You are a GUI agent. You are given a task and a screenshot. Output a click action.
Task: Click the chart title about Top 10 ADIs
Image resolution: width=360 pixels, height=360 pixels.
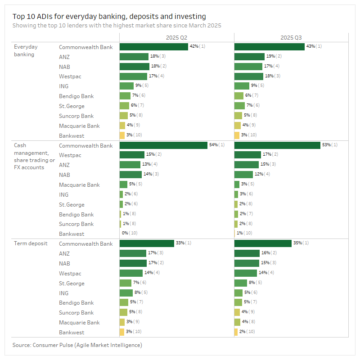(x=109, y=17)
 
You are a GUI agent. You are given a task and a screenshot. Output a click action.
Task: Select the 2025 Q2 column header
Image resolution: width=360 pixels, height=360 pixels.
(x=177, y=38)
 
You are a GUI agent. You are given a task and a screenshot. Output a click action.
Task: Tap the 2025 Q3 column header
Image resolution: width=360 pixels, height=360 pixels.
(x=291, y=38)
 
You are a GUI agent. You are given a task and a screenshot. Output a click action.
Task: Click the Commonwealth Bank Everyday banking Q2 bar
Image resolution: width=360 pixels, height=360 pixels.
(x=153, y=47)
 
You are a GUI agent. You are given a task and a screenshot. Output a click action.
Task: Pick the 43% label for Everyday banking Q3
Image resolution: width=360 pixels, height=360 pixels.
(x=310, y=47)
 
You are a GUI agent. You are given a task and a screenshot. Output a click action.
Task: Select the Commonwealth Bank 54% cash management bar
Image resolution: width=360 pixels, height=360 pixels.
(x=163, y=145)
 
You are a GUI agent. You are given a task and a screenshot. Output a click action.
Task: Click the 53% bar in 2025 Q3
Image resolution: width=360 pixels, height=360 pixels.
(x=277, y=145)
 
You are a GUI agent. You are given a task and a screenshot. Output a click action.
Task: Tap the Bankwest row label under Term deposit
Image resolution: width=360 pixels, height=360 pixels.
(x=72, y=333)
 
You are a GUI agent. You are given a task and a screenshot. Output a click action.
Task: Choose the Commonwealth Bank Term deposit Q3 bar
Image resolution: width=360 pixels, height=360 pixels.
(x=263, y=243)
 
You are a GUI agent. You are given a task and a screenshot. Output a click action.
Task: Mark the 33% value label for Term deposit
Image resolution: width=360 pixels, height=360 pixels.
(x=180, y=243)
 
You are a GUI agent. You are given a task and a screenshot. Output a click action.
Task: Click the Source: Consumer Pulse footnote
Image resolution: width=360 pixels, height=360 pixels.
(x=76, y=345)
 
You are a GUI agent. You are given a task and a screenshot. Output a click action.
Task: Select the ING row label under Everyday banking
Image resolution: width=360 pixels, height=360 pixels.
(x=63, y=86)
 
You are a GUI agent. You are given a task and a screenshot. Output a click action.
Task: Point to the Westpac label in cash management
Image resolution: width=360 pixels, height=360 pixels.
(x=70, y=155)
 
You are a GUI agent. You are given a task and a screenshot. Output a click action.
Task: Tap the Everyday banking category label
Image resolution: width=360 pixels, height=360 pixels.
(x=26, y=50)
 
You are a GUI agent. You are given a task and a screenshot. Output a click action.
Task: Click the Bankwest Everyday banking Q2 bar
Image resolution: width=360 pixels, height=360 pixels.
(x=122, y=135)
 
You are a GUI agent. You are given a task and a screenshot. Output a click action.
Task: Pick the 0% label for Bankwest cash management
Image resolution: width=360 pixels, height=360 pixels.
(x=125, y=234)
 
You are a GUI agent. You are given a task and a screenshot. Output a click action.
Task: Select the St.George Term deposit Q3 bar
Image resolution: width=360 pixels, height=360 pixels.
(x=241, y=283)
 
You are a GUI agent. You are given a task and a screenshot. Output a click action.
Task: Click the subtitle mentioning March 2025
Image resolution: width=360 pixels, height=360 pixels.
(x=117, y=26)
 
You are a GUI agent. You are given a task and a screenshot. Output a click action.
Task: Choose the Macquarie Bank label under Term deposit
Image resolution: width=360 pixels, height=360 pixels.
(x=79, y=323)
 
